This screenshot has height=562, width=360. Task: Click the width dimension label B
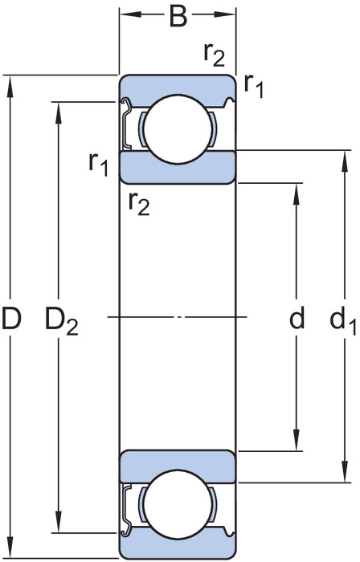[178, 17]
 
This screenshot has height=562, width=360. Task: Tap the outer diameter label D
[11, 318]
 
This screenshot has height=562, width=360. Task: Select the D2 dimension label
[61, 320]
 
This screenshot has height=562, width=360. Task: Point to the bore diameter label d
[297, 318]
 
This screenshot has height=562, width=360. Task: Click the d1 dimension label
[343, 320]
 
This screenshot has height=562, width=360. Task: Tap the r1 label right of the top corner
[254, 86]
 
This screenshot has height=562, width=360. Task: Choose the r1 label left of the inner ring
[99, 164]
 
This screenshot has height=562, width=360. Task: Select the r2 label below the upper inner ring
[139, 204]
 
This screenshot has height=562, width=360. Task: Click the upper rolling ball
[178, 129]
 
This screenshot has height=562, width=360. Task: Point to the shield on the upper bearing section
[125, 124]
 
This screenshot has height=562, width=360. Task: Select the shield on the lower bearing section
[125, 510]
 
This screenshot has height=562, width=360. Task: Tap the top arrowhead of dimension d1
[345, 161]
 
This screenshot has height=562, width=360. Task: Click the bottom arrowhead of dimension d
[297, 440]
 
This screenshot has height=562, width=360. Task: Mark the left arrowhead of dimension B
[131, 14]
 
